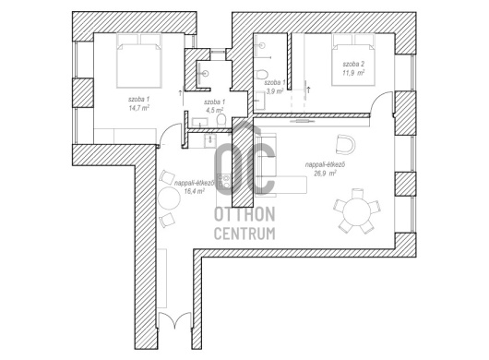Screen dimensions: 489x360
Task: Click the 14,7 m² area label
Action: click(x=138, y=108)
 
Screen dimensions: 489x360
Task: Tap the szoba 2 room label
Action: click(x=353, y=65)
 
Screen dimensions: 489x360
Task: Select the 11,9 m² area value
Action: click(x=353, y=73)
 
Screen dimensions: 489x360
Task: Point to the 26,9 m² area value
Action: click(x=326, y=174)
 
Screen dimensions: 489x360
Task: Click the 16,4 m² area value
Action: click(x=194, y=191)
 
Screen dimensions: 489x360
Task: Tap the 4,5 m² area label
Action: click(x=214, y=110)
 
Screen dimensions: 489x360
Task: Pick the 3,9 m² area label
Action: click(x=274, y=91)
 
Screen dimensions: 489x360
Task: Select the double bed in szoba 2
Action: click(x=353, y=59)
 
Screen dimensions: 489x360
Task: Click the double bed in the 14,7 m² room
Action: click(x=139, y=60)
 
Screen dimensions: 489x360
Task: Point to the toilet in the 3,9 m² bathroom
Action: click(x=261, y=75)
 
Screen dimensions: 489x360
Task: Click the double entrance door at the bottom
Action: click(x=174, y=319)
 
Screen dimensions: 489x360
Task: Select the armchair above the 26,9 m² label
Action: click(x=346, y=144)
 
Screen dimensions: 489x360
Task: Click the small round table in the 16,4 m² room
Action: click(x=169, y=198)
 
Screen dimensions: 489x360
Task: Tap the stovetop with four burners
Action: click(x=224, y=182)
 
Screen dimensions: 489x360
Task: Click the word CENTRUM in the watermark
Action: click(x=244, y=234)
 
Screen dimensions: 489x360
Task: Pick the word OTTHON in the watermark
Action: click(x=244, y=214)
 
